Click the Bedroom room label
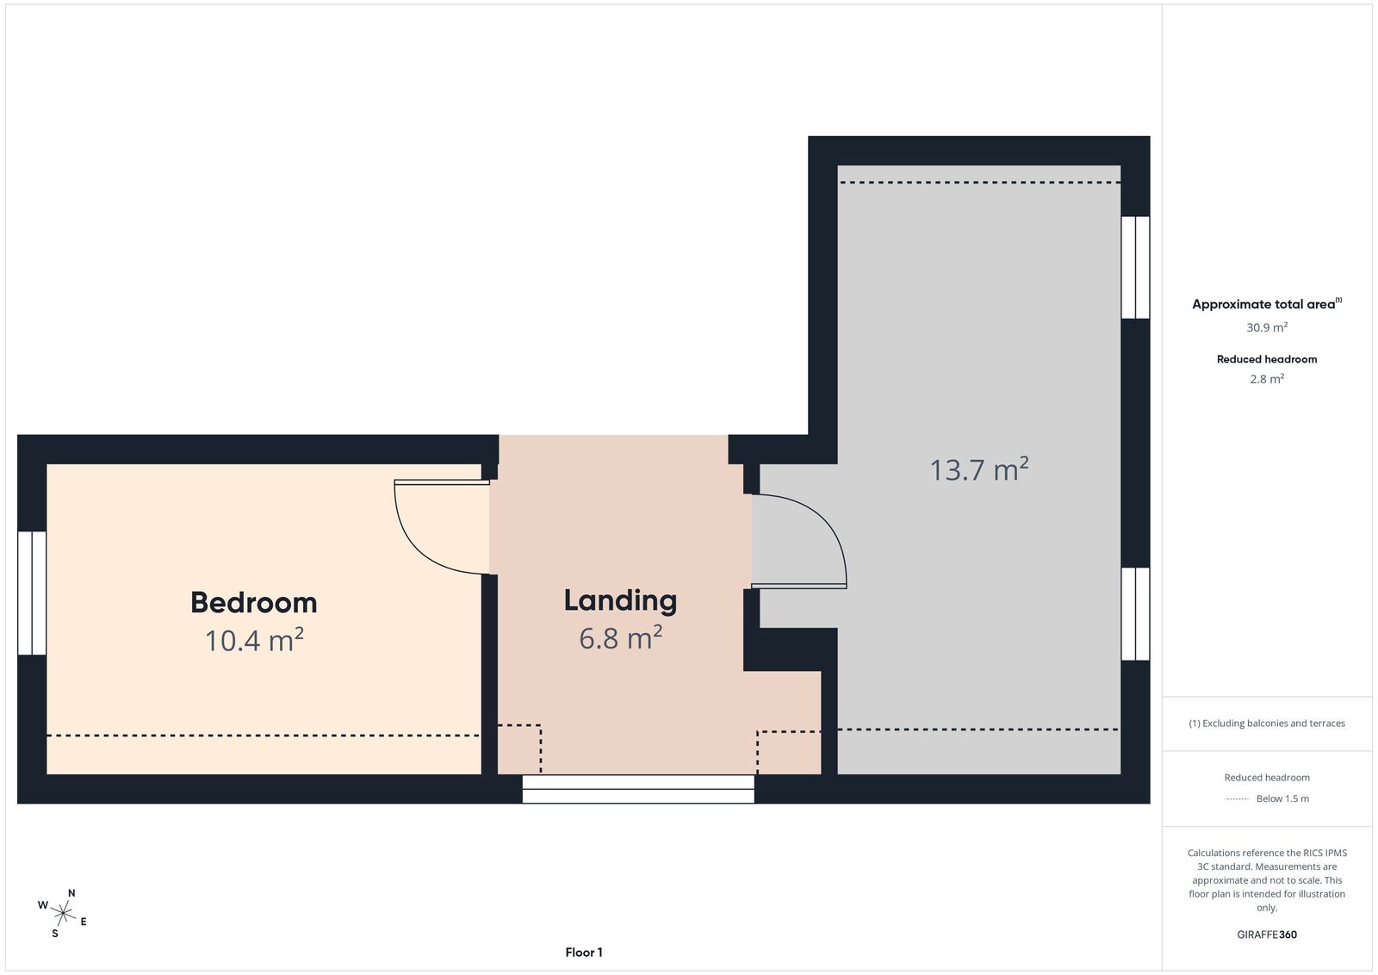pyautogui.click(x=253, y=603)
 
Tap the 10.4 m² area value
pyautogui.click(x=254, y=640)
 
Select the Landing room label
pyautogui.click(x=620, y=601)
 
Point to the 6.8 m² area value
pyautogui.click(x=620, y=637)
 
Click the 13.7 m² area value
pyautogui.click(x=978, y=469)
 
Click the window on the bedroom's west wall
pyautogui.click(x=32, y=593)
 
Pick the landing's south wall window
pyautogui.click(x=638, y=789)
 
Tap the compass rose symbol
pyautogui.click(x=62, y=914)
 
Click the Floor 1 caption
pyautogui.click(x=584, y=953)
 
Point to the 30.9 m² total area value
pyautogui.click(x=1267, y=327)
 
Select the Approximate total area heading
pyautogui.click(x=1267, y=303)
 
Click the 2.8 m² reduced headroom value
pyautogui.click(x=1267, y=379)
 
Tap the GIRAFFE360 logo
pyautogui.click(x=1267, y=935)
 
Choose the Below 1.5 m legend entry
pyautogui.click(x=1282, y=798)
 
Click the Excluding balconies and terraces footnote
pyautogui.click(x=1267, y=723)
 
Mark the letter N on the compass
pyautogui.click(x=71, y=893)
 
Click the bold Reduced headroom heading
pyautogui.click(x=1267, y=359)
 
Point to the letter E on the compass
pyautogui.click(x=83, y=922)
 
